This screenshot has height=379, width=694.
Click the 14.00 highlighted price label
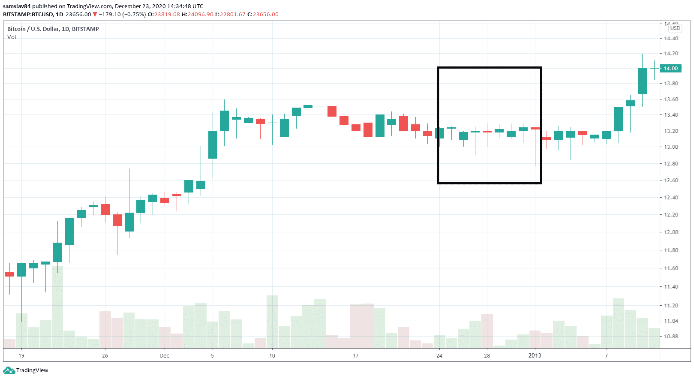(x=671, y=69)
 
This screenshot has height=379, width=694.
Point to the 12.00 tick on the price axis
(x=671, y=232)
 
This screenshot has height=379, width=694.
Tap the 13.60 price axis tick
(x=671, y=99)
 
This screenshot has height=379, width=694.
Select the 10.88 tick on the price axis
(x=671, y=337)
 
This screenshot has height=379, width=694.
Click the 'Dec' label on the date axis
(x=165, y=356)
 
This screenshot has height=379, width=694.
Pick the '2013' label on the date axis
(x=535, y=356)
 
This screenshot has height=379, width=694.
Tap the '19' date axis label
(x=21, y=356)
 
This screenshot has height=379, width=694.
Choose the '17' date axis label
(x=355, y=356)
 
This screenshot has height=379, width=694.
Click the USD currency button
(x=675, y=28)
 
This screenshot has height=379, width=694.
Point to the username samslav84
(x=17, y=6)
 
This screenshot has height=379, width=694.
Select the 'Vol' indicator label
(x=12, y=37)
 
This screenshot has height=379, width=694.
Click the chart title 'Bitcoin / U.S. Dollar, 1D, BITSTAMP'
(x=53, y=29)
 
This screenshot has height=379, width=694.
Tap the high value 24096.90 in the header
(x=200, y=15)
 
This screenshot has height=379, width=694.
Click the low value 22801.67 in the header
(x=233, y=15)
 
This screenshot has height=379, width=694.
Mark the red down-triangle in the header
(x=95, y=15)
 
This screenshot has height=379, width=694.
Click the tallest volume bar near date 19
(x=57, y=307)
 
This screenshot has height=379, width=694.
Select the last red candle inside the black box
(x=535, y=128)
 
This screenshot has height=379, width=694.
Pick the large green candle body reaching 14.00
(x=642, y=81)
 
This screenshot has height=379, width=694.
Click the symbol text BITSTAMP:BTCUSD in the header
(x=28, y=15)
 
